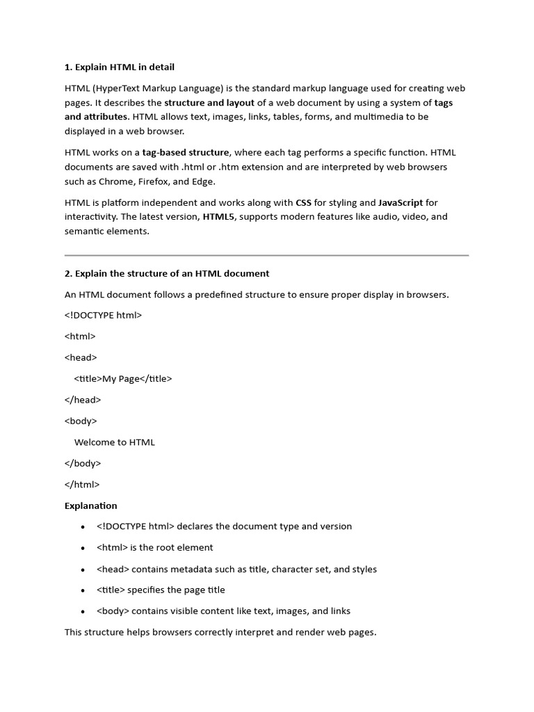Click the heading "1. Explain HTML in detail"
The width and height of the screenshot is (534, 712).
point(120,67)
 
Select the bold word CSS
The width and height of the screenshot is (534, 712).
point(303,203)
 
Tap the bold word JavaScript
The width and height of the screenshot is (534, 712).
point(400,203)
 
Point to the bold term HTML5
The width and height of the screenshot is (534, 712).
point(219,217)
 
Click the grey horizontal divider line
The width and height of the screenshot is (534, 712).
point(267,255)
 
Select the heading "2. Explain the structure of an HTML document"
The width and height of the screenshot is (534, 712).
point(167,273)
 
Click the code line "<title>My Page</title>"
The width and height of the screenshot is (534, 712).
point(123,379)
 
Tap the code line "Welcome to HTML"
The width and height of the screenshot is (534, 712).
point(115,442)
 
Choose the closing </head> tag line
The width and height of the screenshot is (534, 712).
point(83,400)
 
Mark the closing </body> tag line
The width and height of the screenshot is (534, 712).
point(83,463)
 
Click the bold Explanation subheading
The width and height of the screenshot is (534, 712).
point(91,505)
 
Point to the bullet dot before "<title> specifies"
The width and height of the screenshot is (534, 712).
point(83,590)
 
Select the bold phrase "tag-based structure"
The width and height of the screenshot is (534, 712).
point(186,153)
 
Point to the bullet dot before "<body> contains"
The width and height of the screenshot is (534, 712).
point(83,612)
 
